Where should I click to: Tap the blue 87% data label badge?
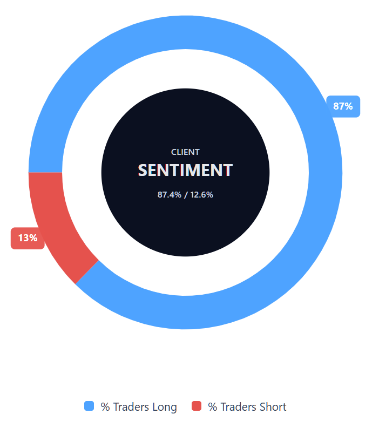coord(343,106)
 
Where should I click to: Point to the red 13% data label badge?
coord(28,238)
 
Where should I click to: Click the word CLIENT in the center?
coord(185,152)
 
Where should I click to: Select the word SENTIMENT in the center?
coord(185,171)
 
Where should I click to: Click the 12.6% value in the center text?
coord(202,194)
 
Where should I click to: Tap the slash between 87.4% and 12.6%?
coord(186,194)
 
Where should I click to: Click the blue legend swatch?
coord(89,406)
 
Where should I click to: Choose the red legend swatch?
coord(197,406)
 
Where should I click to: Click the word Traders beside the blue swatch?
coord(131,407)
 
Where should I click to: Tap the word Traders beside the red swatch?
coord(239,407)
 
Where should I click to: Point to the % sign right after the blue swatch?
coord(105,407)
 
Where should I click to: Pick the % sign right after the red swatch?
coord(213,407)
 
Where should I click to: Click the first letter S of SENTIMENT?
coord(143,171)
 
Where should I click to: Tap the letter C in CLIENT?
coord(174,152)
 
